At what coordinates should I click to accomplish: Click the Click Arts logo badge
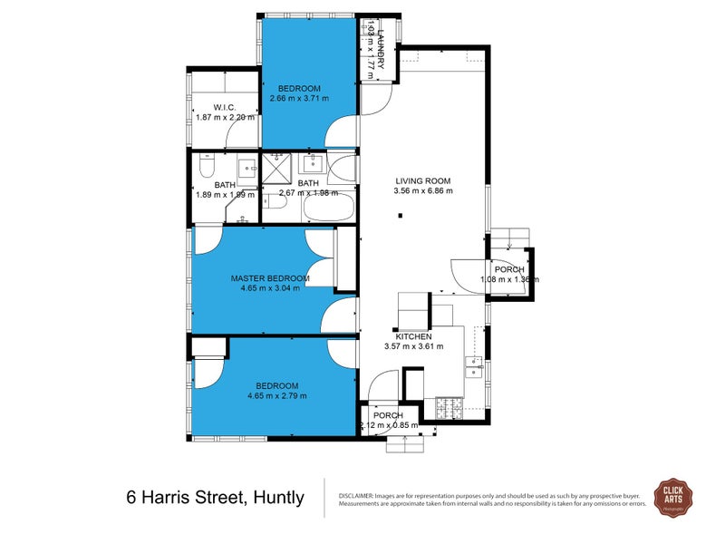[x=673, y=498]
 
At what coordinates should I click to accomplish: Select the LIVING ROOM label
[x=422, y=180]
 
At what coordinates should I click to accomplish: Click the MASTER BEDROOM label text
[x=270, y=278]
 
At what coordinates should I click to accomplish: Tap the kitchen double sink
[x=474, y=366]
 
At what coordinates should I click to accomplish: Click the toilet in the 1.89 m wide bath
[x=206, y=170]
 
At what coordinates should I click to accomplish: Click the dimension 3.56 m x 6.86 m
[x=422, y=191]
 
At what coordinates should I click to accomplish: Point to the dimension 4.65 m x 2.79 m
[x=276, y=395]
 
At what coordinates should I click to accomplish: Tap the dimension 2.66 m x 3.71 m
[x=300, y=98]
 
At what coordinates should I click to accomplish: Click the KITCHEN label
[x=413, y=335]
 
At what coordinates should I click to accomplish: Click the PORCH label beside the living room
[x=508, y=269]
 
